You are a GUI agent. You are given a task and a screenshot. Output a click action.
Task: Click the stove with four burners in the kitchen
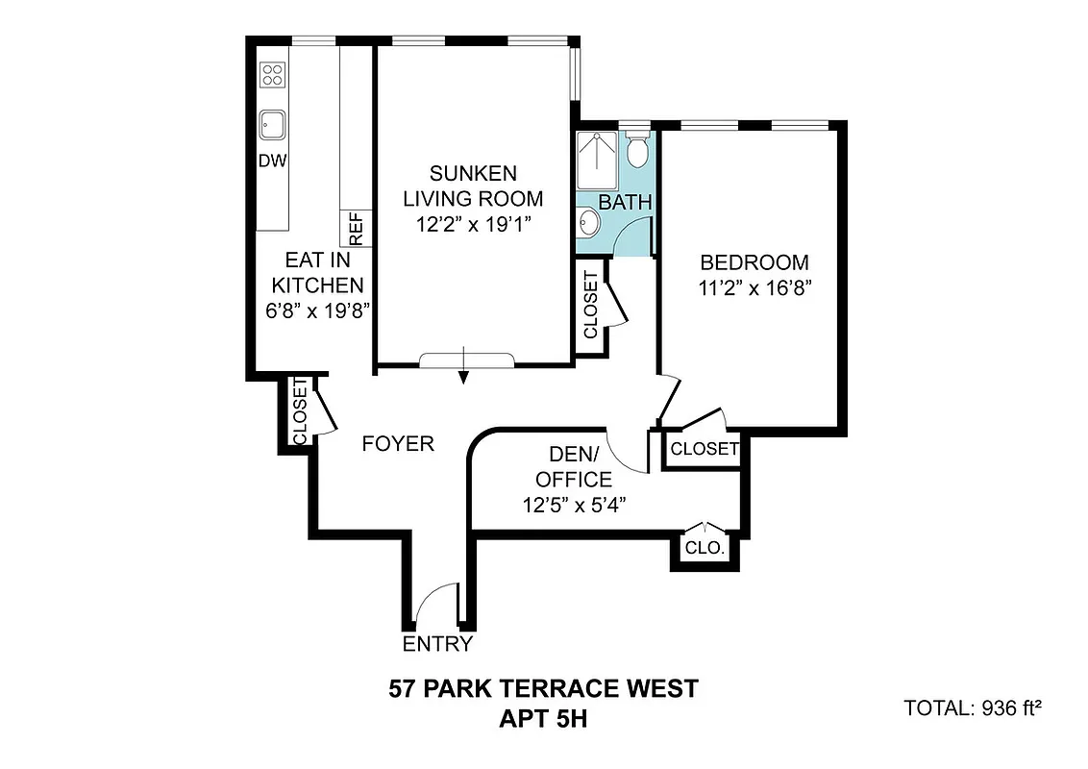coord(273,74)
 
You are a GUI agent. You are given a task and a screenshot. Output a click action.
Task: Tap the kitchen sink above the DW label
coord(272,124)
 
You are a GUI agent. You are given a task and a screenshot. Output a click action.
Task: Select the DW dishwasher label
coord(273,161)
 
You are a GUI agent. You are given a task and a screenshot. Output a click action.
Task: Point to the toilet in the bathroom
coord(636,149)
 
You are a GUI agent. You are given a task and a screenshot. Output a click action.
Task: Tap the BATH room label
coord(625,203)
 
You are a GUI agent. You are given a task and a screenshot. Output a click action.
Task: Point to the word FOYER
coord(398,444)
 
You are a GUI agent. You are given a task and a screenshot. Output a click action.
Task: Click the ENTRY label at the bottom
coord(437,644)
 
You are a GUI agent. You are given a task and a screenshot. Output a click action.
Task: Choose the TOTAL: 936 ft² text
coord(973,708)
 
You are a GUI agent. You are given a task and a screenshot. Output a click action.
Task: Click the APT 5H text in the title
coord(543,717)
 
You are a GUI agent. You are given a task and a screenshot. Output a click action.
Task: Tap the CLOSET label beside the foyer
coord(298,412)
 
